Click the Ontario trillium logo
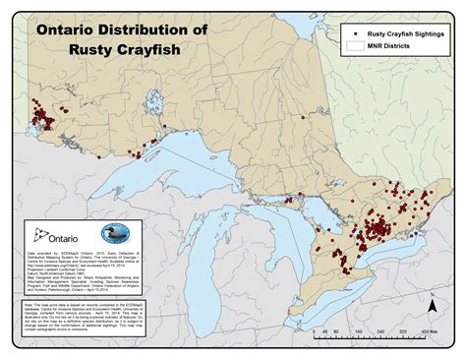pos(38,234)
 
